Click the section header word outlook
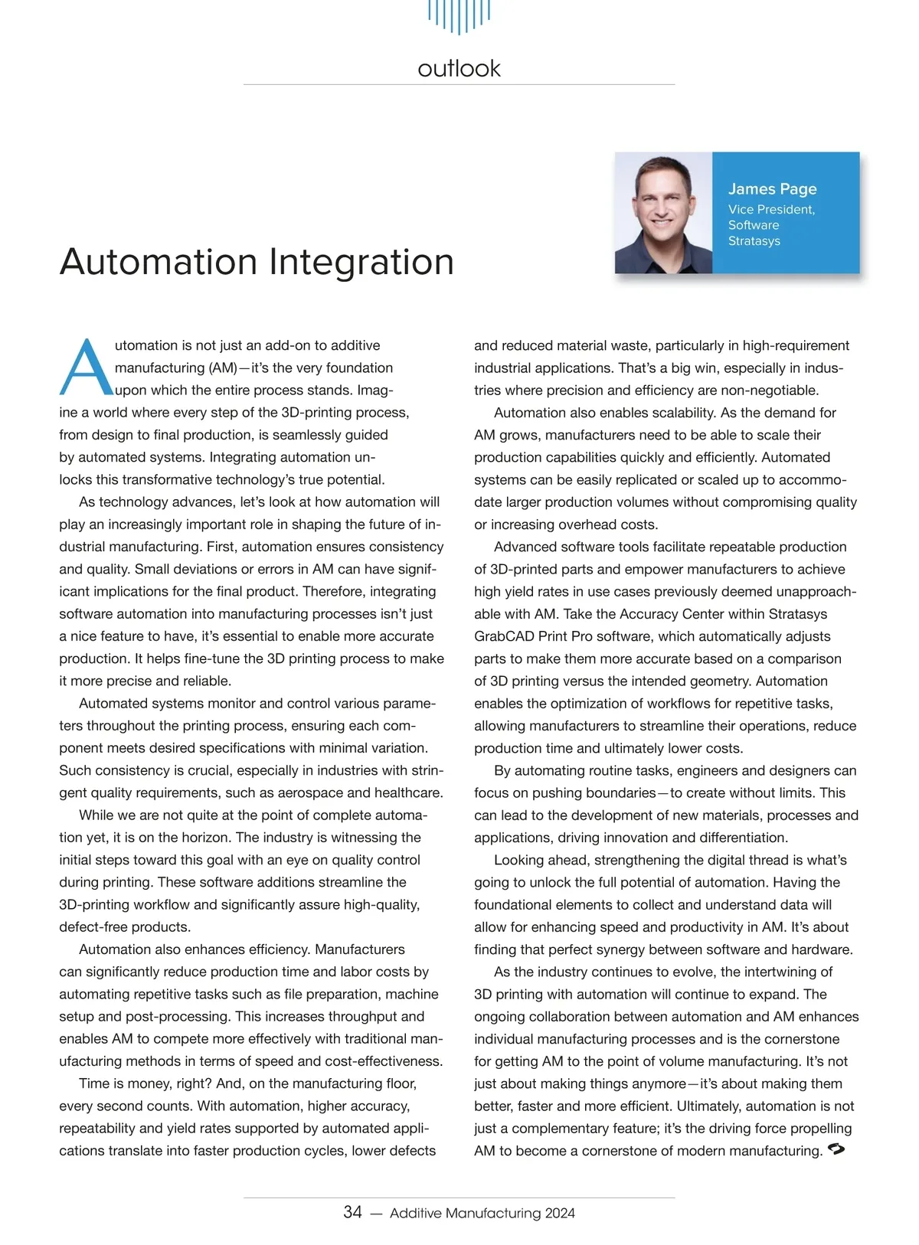tap(459, 68)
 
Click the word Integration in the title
tap(361, 262)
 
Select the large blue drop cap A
tap(85, 368)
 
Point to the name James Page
tap(772, 189)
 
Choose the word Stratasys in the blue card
tap(754, 241)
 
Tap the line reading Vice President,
tap(771, 210)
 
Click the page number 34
tap(352, 1212)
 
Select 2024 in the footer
tap(560, 1213)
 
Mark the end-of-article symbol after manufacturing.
tap(836, 1149)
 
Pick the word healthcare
tap(406, 792)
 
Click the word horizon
tap(201, 838)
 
